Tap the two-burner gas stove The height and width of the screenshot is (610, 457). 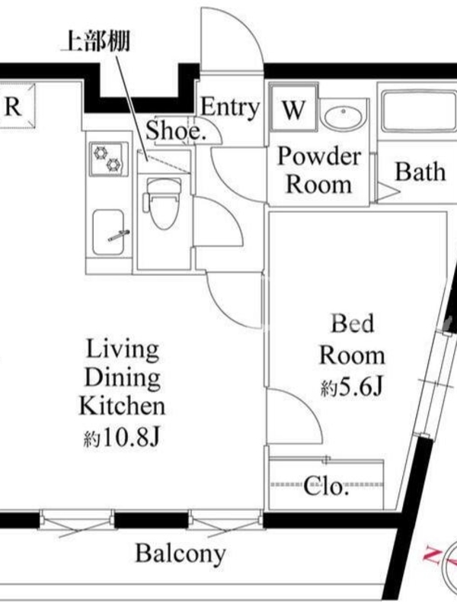(109, 159)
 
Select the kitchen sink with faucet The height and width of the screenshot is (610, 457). (108, 233)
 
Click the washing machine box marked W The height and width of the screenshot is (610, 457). (293, 108)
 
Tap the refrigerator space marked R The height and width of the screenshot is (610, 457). (16, 105)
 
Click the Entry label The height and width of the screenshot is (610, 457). (230, 107)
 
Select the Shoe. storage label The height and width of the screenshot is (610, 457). (175, 131)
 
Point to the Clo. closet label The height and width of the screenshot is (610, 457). (325, 486)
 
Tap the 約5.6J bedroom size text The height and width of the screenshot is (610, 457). (352, 387)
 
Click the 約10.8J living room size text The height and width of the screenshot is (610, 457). (122, 438)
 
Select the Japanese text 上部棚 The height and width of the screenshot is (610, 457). (96, 41)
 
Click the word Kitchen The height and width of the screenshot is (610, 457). (122, 406)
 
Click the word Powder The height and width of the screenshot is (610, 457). (318, 156)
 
